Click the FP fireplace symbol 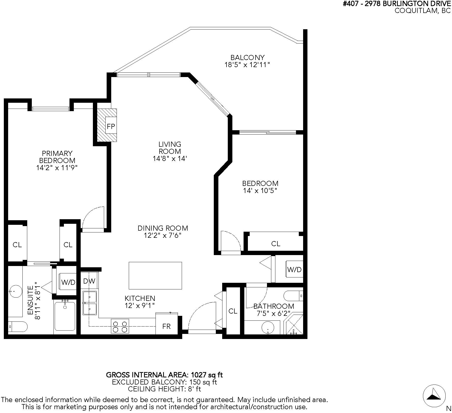(107, 125)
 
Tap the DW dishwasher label (89, 281)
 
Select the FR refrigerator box (166, 323)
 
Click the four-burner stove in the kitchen (120, 326)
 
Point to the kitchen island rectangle (155, 275)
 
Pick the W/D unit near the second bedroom (294, 269)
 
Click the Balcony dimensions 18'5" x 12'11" (247, 65)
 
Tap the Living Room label (170, 148)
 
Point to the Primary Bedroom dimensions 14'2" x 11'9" (57, 168)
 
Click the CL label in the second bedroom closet (276, 244)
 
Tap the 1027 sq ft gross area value (207, 375)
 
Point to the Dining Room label (163, 228)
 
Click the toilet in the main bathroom (293, 296)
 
